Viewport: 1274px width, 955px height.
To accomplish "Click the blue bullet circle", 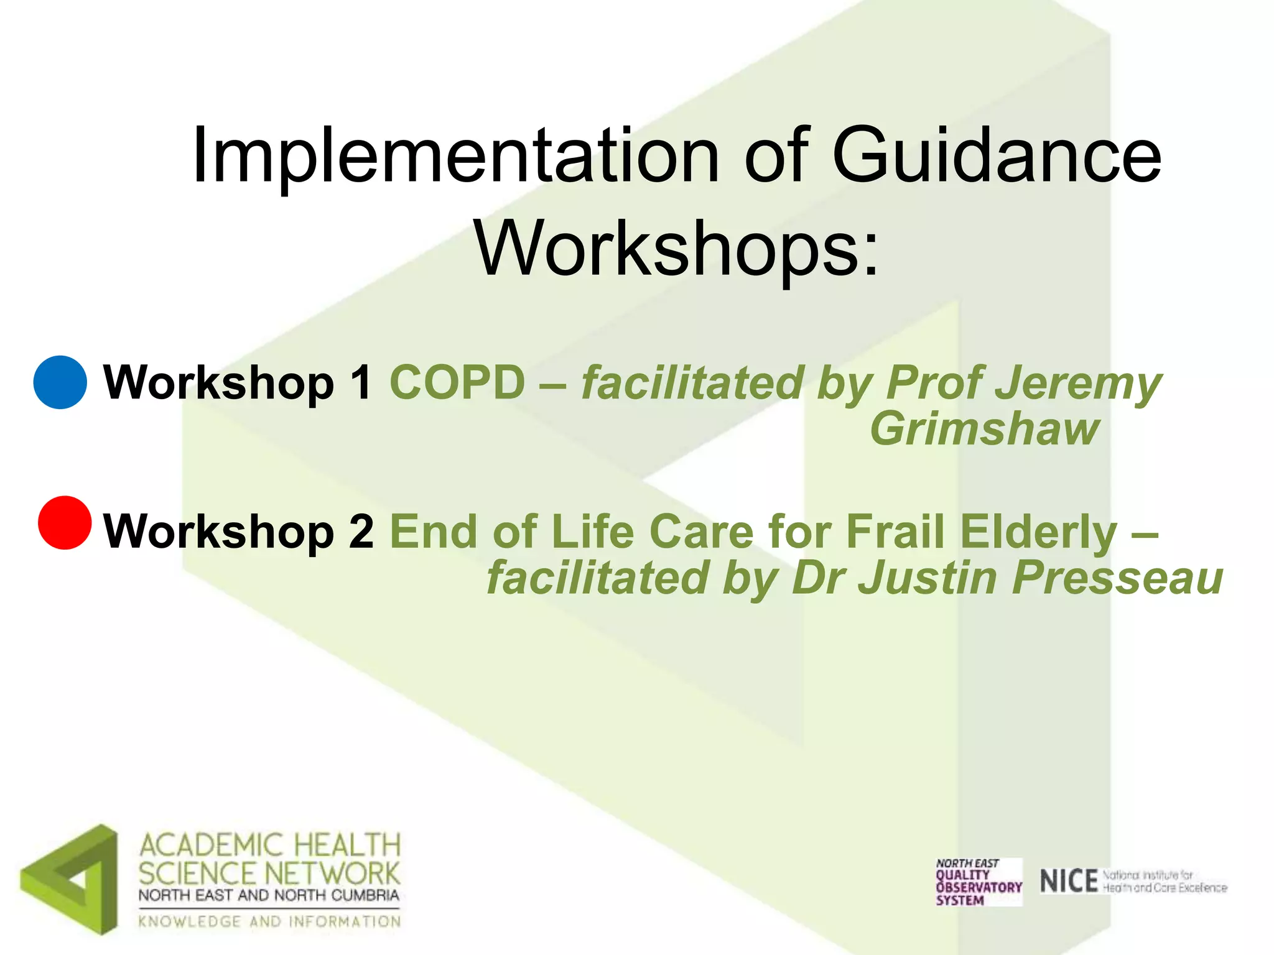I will pyautogui.click(x=60, y=382).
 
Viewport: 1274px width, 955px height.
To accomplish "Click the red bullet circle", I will pyautogui.click(x=65, y=522).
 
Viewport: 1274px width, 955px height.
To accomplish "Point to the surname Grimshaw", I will pyautogui.click(x=984, y=429).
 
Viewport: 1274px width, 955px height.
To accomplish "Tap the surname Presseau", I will pyautogui.click(x=1117, y=578).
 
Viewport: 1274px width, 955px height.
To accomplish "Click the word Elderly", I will pyautogui.click(x=1038, y=532).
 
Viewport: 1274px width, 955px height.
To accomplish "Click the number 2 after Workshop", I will pyautogui.click(x=361, y=532).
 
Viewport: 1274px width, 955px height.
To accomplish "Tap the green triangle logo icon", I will pyautogui.click(x=70, y=879).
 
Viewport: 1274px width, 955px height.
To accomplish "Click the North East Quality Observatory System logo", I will pyautogui.click(x=978, y=882).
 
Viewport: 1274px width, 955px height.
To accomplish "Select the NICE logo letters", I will pyautogui.click(x=1068, y=882).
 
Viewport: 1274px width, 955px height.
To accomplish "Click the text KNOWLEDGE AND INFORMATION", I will pyautogui.click(x=269, y=921).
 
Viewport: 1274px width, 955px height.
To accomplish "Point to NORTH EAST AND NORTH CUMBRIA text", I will pyautogui.click(x=269, y=895).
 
